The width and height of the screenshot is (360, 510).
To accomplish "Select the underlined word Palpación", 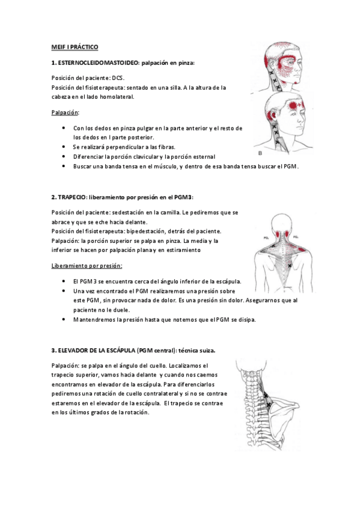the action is pyautogui.click(x=65, y=112).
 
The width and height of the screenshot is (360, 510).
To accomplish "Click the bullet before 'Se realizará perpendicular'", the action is pyautogui.click(x=64, y=147).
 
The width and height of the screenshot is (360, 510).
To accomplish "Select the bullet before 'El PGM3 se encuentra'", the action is pyautogui.click(x=64, y=281).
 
